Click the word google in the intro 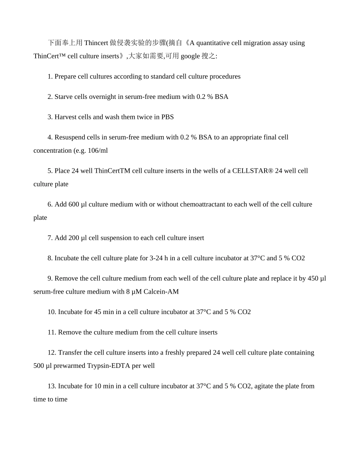[190, 56]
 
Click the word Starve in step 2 [64, 97]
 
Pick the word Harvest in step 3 [65, 117]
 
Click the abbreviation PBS [167, 117]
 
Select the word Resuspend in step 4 [70, 137]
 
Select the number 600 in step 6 [74, 205]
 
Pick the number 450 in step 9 [313, 278]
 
